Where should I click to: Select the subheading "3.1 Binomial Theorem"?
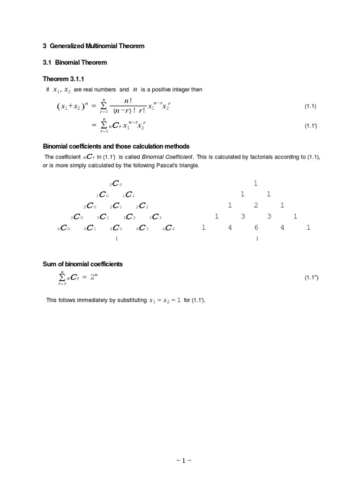[75, 62]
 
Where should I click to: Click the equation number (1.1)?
[311, 106]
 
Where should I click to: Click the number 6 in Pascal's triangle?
[256, 228]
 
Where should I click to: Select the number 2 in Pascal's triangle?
[256, 205]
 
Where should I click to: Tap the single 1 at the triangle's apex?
[255, 183]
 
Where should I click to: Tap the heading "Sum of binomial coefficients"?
[83, 264]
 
